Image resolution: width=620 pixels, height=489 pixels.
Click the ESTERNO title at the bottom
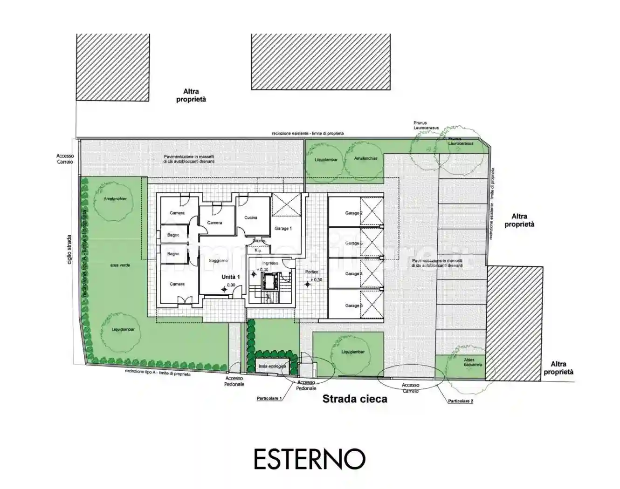tap(310, 459)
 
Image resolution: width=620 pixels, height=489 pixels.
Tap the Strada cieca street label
tap(355, 399)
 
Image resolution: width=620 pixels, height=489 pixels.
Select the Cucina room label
tap(251, 217)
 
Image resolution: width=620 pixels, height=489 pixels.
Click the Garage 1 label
tap(283, 229)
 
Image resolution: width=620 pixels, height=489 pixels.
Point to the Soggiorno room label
tap(218, 261)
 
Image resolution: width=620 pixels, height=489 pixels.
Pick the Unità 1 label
tap(230, 277)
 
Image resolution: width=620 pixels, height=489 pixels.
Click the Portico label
tap(312, 272)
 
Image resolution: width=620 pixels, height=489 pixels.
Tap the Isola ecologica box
tap(272, 367)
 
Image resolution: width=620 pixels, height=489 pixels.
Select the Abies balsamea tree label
tap(473, 362)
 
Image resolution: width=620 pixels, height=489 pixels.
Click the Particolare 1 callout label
tap(269, 399)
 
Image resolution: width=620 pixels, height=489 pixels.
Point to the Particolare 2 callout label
tap(461, 401)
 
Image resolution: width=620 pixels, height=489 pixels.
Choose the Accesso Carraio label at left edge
tap(65, 159)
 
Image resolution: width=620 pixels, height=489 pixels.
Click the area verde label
tap(120, 265)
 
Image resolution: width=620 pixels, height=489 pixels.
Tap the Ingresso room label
tap(270, 263)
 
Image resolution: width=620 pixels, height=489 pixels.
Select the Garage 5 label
tap(353, 306)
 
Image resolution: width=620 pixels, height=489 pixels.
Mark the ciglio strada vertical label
tap(70, 249)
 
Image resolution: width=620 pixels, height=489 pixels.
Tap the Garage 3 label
tap(352, 243)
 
